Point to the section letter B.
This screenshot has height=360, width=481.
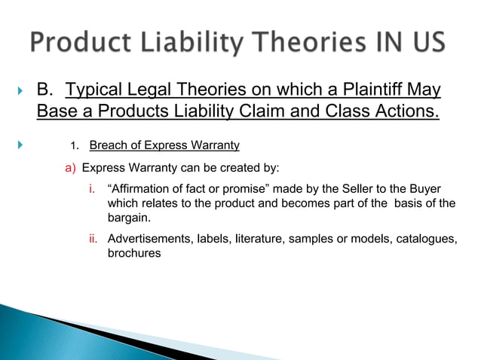click(x=46, y=92)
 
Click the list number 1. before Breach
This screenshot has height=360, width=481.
click(x=75, y=146)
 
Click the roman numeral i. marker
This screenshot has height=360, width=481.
click(x=94, y=188)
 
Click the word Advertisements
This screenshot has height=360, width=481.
click(x=151, y=239)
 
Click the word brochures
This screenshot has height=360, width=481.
click(x=134, y=254)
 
